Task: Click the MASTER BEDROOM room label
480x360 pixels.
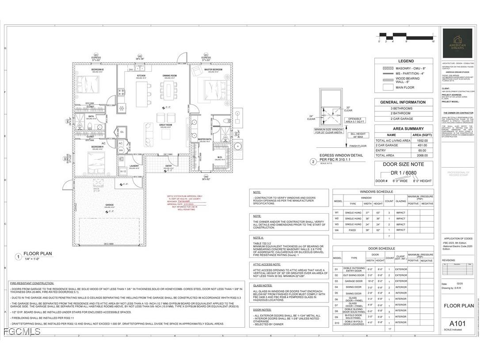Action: (x=213, y=69)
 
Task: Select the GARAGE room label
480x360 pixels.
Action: (x=109, y=205)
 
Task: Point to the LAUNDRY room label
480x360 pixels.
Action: (x=134, y=166)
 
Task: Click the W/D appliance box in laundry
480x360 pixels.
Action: (x=123, y=171)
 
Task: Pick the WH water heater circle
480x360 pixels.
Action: (x=121, y=150)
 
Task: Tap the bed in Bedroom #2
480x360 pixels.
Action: (x=90, y=84)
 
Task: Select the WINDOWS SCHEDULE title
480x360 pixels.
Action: (x=383, y=191)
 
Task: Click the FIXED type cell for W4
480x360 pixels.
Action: (x=353, y=230)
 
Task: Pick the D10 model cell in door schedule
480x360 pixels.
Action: (x=337, y=322)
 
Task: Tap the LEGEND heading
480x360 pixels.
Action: (x=406, y=61)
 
